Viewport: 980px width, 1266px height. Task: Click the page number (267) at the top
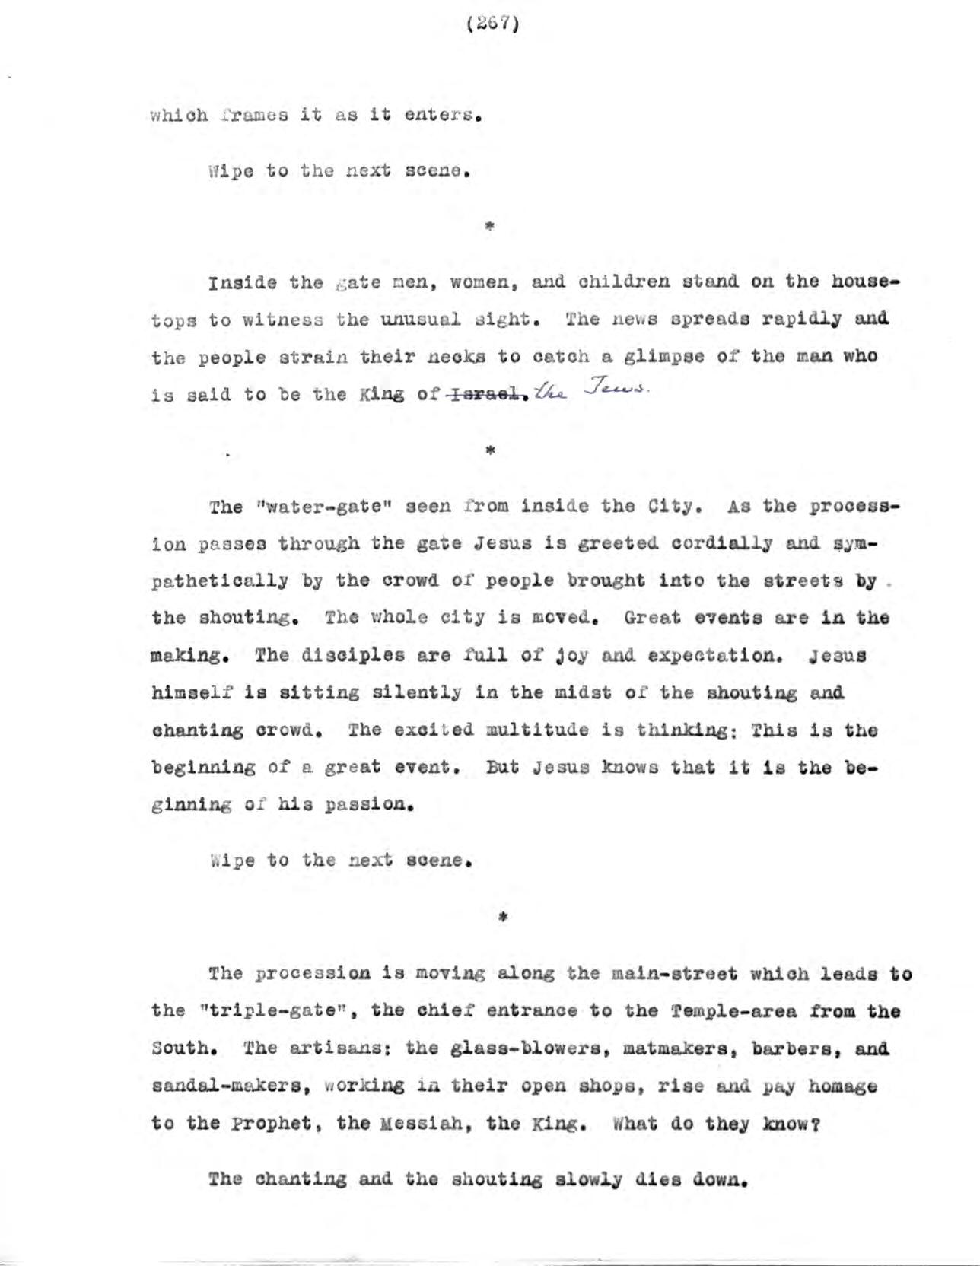[x=492, y=25]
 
